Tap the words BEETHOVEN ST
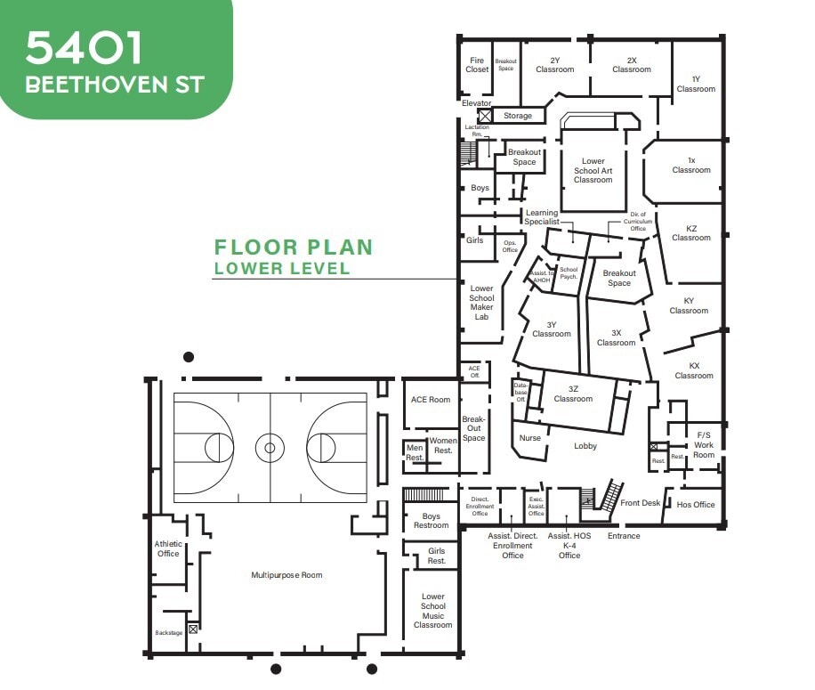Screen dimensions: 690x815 115,85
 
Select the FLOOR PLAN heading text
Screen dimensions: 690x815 293,248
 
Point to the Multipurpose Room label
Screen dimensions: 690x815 286,575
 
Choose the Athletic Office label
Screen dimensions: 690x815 168,548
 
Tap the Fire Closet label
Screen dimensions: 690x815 477,65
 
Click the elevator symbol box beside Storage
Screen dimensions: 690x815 486,116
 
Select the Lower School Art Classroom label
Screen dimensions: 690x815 593,171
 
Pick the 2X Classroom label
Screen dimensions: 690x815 632,65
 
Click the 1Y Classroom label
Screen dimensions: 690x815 696,84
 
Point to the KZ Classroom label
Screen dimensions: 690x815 691,233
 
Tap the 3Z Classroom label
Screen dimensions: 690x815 573,394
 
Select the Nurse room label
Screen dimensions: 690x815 529,438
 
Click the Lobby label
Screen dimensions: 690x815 585,446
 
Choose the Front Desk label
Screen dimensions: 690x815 641,503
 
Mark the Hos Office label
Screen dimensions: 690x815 696,505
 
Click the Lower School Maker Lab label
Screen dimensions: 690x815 481,303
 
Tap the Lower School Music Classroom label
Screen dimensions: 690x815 433,611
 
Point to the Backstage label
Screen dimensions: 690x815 168,633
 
